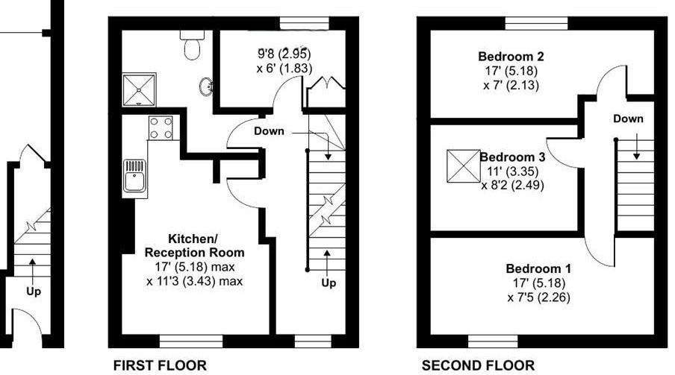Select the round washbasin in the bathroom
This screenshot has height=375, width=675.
[205, 88]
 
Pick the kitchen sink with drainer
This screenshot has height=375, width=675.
[135, 176]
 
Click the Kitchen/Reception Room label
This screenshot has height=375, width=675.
[194, 246]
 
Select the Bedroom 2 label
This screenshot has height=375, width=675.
[511, 56]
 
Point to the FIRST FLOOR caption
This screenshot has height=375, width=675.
[158, 365]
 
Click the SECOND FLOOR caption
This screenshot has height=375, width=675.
[478, 365]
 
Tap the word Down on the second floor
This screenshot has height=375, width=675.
[628, 119]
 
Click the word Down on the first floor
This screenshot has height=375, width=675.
[269, 131]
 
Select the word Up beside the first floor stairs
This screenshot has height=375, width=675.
[328, 283]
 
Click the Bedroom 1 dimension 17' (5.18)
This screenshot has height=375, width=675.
[532, 283]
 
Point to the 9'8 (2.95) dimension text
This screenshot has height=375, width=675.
[284, 54]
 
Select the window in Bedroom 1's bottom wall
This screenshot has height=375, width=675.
[493, 342]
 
